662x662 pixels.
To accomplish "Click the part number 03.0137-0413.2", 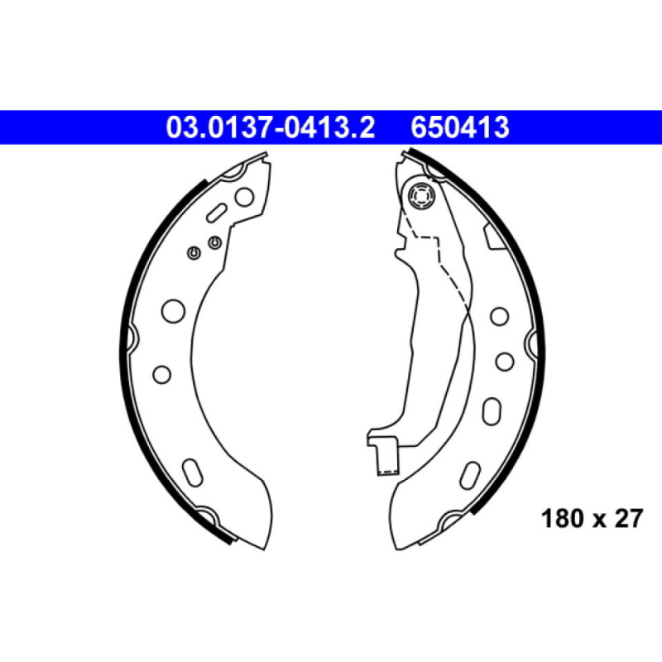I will coord(271,128).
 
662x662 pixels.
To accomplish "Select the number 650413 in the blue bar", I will coord(459,128).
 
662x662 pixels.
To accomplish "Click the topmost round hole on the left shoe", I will coord(244,197).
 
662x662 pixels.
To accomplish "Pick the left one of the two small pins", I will coord(194,252).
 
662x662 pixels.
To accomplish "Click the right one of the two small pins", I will coord(214,242).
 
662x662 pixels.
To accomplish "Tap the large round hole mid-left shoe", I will coord(174,310).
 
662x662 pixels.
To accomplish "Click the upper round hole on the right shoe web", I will coord(498,316).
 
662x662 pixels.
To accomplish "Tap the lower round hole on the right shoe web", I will coord(503,361).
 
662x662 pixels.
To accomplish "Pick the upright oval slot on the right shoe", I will coord(490,411).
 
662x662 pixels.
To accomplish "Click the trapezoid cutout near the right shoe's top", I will coord(495,238).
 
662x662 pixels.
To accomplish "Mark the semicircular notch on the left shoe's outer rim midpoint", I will coord(132,338).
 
